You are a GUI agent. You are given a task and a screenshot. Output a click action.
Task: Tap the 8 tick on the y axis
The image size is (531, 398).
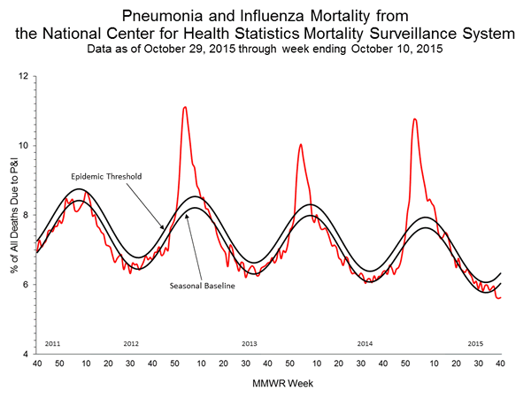(x=25, y=215)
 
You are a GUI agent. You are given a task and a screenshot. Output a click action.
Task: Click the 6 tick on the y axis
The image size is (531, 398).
(x=25, y=284)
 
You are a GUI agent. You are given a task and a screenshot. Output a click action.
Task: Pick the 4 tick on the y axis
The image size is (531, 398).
(x=25, y=353)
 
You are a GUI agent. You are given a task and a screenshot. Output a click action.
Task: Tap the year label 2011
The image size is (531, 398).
(x=51, y=341)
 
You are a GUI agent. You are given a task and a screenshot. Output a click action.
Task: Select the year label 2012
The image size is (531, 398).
(x=131, y=341)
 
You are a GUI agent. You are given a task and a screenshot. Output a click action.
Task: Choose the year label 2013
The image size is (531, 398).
(x=249, y=341)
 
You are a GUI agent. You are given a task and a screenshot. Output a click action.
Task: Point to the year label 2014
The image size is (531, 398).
(x=365, y=341)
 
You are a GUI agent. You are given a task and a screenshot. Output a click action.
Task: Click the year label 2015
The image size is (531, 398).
(x=474, y=341)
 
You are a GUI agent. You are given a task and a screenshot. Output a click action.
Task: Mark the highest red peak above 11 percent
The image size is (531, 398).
(x=184, y=107)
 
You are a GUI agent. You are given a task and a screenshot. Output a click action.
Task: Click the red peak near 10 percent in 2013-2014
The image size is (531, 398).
(x=301, y=144)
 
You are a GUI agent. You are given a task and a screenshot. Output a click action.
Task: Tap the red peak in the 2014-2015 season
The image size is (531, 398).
(x=414, y=119)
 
